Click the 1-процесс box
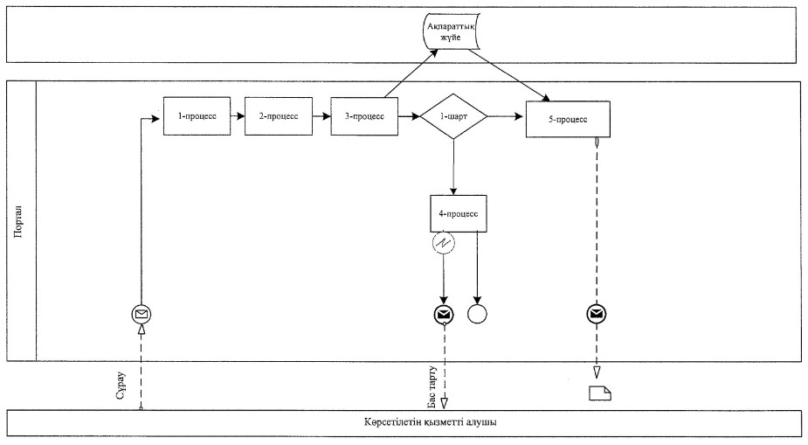tap(197, 116)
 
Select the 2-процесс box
tap(279, 116)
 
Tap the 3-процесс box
tap(364, 116)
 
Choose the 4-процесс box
tap(459, 213)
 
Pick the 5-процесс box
tap(568, 119)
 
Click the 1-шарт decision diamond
tap(453, 116)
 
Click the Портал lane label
tap(19, 222)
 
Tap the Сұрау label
tap(121, 386)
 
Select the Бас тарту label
tap(432, 386)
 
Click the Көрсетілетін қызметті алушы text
tap(431, 422)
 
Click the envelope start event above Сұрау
tap(142, 314)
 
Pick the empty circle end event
tap(477, 314)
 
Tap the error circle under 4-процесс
tap(445, 243)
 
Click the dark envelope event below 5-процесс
tap(597, 314)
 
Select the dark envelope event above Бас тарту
tap(444, 314)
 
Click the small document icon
tap(600, 393)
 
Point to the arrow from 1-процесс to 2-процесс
tap(238, 116)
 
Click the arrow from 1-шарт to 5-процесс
tap(506, 116)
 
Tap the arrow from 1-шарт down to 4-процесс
tap(453, 167)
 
